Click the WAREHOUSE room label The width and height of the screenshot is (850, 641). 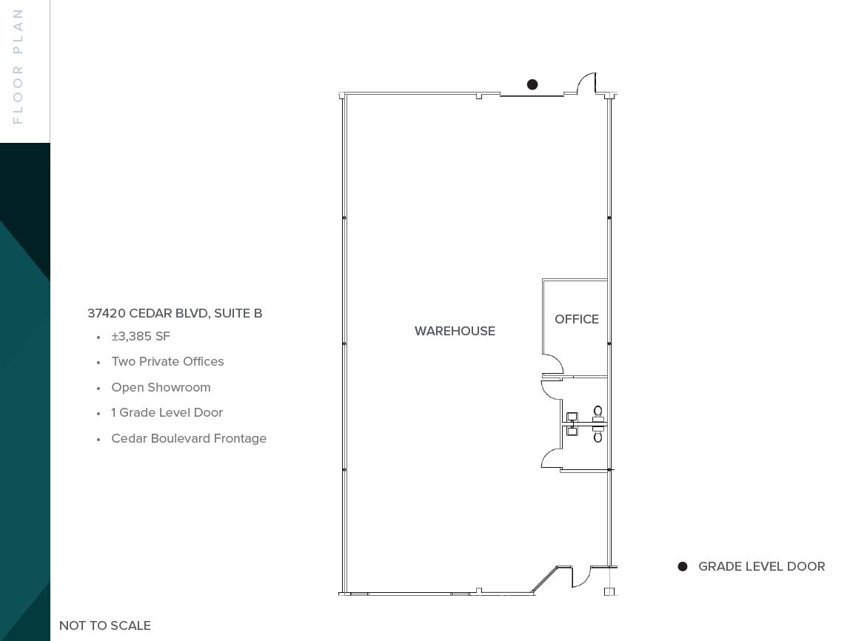(x=455, y=331)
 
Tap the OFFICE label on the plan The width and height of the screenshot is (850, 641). (x=577, y=319)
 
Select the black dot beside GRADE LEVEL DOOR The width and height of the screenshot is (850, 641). (x=683, y=566)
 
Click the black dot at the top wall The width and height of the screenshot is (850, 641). (x=532, y=84)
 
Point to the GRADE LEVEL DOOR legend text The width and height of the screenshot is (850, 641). (x=761, y=566)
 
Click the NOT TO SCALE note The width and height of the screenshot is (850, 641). (x=105, y=625)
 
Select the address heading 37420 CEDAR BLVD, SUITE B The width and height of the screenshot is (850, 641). (x=175, y=313)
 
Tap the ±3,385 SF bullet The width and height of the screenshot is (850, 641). (x=141, y=336)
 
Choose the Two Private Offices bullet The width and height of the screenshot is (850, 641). (x=167, y=361)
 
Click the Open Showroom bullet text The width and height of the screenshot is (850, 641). (x=161, y=387)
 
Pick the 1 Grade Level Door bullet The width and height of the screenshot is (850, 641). (x=167, y=412)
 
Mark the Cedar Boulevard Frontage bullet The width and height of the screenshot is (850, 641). (x=189, y=438)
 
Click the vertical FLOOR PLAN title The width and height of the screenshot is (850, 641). (x=19, y=67)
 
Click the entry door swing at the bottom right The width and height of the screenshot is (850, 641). (x=581, y=577)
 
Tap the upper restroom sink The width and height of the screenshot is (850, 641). (x=572, y=417)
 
